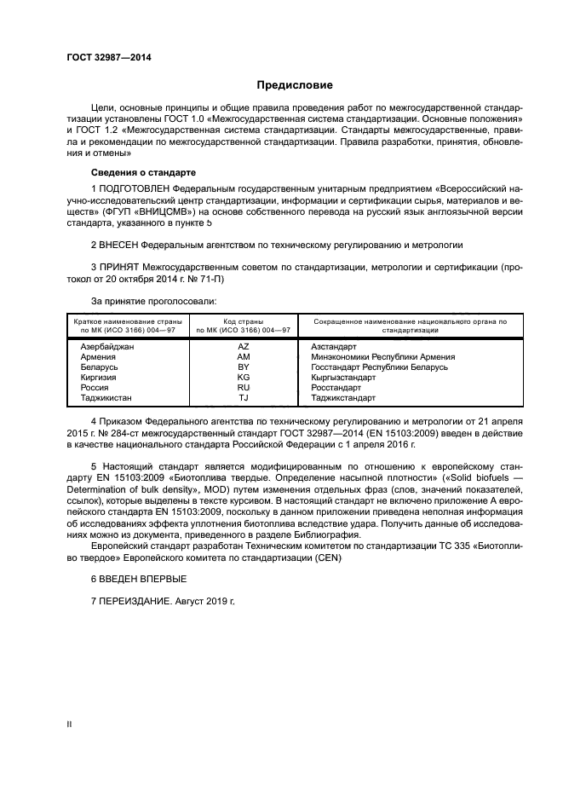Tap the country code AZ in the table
tap(244, 347)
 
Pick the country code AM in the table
tap(244, 357)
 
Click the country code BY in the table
tap(244, 367)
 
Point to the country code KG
tap(244, 378)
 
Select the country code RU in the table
tap(244, 388)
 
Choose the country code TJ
tap(244, 398)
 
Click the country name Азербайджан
tap(107, 347)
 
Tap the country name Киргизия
tap(98, 378)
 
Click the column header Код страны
tap(244, 322)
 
